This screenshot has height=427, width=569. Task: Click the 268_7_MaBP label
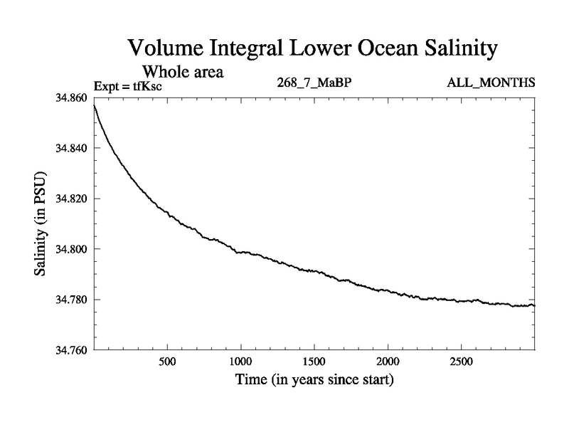click(314, 83)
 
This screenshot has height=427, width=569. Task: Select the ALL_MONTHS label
click(491, 83)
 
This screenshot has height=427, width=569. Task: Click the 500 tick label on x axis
click(167, 362)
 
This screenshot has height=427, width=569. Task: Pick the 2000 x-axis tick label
click(388, 362)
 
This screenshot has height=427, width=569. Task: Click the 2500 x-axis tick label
click(461, 362)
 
